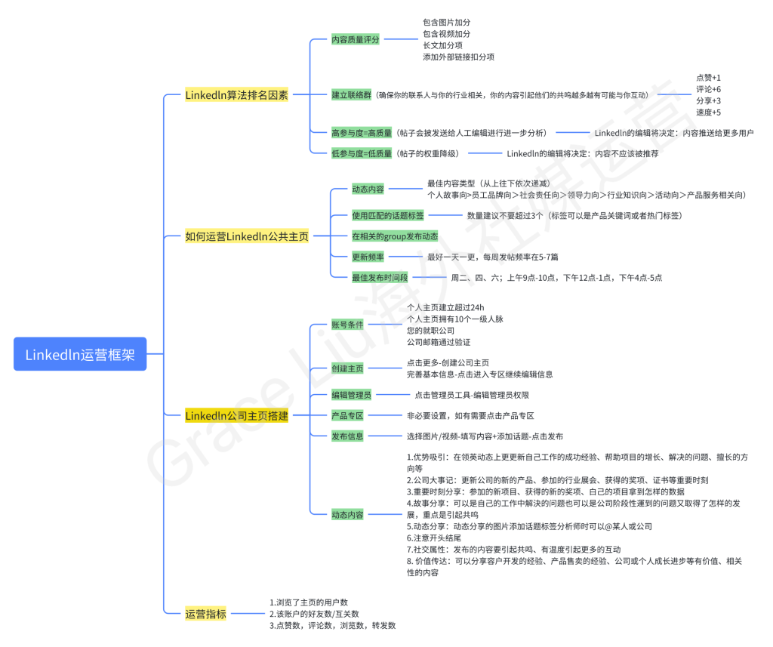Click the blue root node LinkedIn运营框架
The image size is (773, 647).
coord(80,354)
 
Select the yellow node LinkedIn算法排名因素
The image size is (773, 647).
coord(236,95)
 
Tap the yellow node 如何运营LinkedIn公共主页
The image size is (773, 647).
coord(247,236)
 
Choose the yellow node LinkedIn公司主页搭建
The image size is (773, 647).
coord(236,416)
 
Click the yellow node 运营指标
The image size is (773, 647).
coord(205,614)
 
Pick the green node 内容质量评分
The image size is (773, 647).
coord(355,39)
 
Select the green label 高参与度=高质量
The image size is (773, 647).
coord(362,133)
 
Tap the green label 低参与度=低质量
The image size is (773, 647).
coord(362,153)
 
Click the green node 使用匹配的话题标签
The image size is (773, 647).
coord(387,216)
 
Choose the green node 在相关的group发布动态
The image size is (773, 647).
coord(395,236)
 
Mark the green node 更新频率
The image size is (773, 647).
coord(368,257)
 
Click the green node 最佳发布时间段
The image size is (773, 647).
coord(380,277)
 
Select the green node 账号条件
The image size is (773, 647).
coord(347,325)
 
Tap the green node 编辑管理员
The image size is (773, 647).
coord(351,395)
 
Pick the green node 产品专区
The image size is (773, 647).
coord(347,415)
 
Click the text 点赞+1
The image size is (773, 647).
coord(708,78)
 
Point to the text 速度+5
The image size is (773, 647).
coord(708,112)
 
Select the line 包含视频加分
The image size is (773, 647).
coord(447,34)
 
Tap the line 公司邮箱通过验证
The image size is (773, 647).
coord(439,342)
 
